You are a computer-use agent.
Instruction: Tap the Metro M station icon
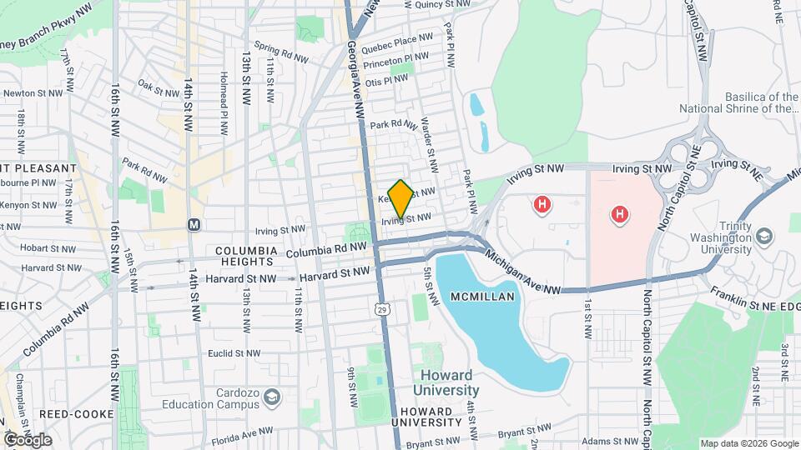(194, 224)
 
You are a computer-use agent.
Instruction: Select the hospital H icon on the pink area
(619, 215)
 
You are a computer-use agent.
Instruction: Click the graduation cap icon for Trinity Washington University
(763, 236)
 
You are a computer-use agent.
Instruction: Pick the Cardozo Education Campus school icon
(271, 397)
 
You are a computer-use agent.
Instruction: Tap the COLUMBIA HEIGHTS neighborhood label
(245, 256)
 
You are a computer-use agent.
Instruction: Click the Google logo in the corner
(28, 439)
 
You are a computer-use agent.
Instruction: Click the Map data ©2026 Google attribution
(748, 443)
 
